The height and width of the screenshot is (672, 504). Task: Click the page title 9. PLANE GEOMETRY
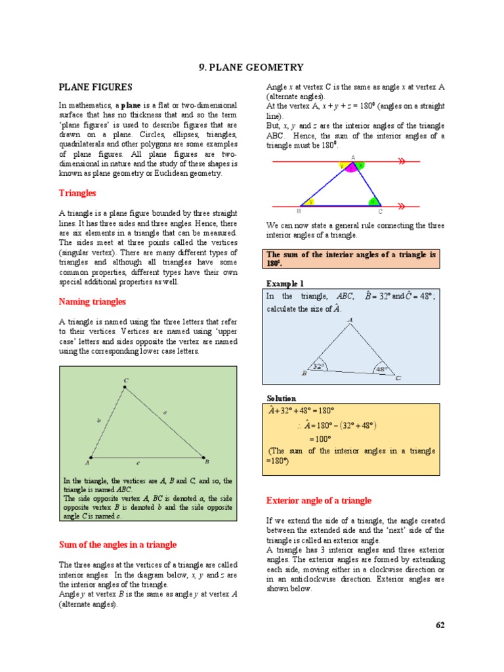[251, 67]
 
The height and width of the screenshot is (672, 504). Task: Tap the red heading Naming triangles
[92, 302]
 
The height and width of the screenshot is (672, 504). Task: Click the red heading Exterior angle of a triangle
[318, 501]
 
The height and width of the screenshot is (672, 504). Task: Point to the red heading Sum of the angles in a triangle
[117, 545]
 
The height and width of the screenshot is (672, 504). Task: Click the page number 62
[440, 625]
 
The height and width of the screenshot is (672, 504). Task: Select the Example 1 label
[285, 283]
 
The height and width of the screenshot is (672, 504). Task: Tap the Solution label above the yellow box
[281, 398]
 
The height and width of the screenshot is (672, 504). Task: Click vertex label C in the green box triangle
[125, 381]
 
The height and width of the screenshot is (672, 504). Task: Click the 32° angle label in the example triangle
[319, 367]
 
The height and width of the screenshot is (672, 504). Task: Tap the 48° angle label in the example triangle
[381, 369]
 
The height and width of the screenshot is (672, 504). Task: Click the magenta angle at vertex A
[352, 169]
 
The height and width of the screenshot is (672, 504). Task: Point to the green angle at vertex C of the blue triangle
[372, 201]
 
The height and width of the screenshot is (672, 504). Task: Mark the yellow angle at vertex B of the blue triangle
[310, 202]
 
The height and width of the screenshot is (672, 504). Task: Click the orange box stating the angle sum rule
[352, 258]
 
